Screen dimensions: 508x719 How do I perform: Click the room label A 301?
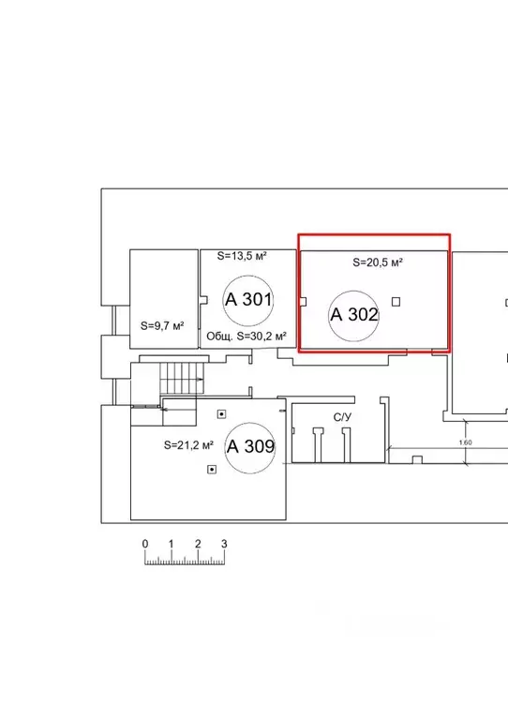click(248, 300)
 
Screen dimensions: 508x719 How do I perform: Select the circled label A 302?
click(354, 315)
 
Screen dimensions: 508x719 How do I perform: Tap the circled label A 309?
click(251, 446)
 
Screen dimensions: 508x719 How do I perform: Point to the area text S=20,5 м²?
click(378, 262)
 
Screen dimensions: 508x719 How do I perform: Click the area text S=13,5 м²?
click(242, 256)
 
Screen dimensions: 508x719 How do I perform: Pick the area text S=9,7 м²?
click(162, 326)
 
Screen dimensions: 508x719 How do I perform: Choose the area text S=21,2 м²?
click(189, 444)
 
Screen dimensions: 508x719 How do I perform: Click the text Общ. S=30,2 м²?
click(247, 337)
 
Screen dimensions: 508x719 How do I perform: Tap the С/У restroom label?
click(342, 417)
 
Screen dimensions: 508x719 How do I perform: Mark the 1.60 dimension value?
click(466, 442)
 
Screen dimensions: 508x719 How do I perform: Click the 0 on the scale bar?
click(145, 544)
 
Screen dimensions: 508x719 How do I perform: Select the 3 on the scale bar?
click(224, 544)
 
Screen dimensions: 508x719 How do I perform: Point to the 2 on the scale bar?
click(198, 544)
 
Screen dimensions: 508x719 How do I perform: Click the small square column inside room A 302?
click(396, 302)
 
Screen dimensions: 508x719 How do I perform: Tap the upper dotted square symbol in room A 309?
click(221, 414)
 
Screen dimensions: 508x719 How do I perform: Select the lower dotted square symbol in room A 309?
click(212, 470)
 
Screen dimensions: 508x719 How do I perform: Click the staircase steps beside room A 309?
click(182, 379)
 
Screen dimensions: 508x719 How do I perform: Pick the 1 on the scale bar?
click(171, 544)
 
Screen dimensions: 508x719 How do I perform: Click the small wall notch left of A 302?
click(303, 302)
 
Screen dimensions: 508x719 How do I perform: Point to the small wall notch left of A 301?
click(204, 300)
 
